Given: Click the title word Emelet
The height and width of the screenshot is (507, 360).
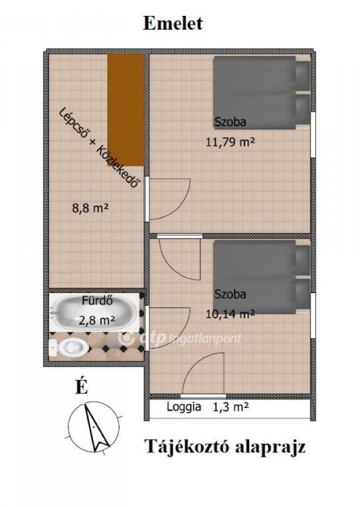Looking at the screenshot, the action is (173, 23).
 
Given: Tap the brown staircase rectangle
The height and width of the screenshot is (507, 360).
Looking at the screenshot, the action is (126, 110).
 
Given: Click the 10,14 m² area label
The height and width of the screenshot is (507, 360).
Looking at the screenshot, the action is (230, 314).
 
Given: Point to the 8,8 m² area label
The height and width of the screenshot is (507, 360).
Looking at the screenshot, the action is (90, 207).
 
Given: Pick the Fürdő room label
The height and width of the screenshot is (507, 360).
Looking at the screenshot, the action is (97, 301).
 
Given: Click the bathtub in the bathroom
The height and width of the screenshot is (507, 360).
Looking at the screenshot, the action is (93, 313).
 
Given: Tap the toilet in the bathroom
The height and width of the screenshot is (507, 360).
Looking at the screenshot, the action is (69, 348).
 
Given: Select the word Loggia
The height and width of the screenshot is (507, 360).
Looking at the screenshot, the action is (184, 407).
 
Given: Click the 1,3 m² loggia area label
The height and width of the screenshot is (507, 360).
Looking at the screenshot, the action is (231, 407).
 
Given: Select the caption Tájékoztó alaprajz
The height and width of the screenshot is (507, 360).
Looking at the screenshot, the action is (225, 447).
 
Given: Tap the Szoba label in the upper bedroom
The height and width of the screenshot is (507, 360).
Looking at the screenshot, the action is (231, 122).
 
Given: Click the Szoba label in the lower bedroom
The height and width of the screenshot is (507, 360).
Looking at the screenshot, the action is (231, 294).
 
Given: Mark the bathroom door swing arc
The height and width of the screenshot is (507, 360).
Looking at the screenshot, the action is (178, 336).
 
